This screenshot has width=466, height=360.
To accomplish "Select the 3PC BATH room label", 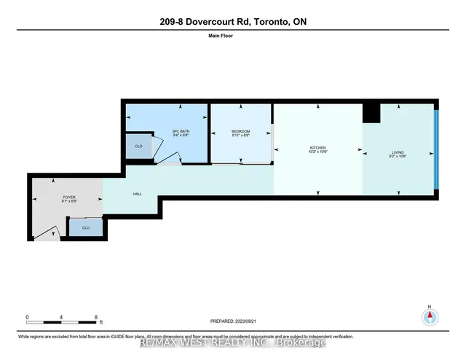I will [181, 133].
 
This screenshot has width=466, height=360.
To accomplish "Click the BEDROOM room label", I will [240, 133].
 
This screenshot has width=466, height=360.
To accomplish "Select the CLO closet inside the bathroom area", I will [139, 146].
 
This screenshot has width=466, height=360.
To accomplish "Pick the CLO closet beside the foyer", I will [84, 228].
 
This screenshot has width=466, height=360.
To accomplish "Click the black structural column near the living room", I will [371, 113].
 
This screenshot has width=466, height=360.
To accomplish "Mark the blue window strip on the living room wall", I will [435, 149].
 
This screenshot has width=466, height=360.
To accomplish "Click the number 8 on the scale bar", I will [96, 317].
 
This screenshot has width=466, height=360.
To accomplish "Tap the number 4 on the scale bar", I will [62, 317].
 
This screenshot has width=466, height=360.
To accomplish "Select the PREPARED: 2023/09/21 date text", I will [232, 321].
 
